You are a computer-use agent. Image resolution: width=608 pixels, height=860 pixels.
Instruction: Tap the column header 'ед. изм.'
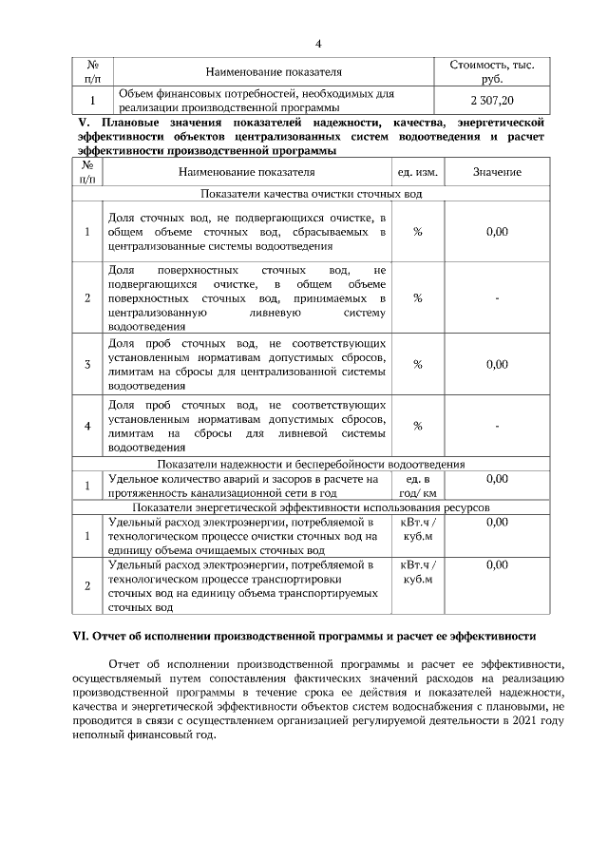point(417,172)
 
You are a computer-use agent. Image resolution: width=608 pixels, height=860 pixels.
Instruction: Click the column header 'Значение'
point(497,172)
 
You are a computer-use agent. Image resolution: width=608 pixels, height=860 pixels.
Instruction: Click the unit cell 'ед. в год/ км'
point(417,486)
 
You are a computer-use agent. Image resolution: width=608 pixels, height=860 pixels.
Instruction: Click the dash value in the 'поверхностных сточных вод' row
point(497,298)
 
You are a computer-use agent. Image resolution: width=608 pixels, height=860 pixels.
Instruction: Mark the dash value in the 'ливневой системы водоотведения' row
point(497,426)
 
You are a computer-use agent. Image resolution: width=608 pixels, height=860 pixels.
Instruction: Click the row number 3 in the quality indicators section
point(87,364)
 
